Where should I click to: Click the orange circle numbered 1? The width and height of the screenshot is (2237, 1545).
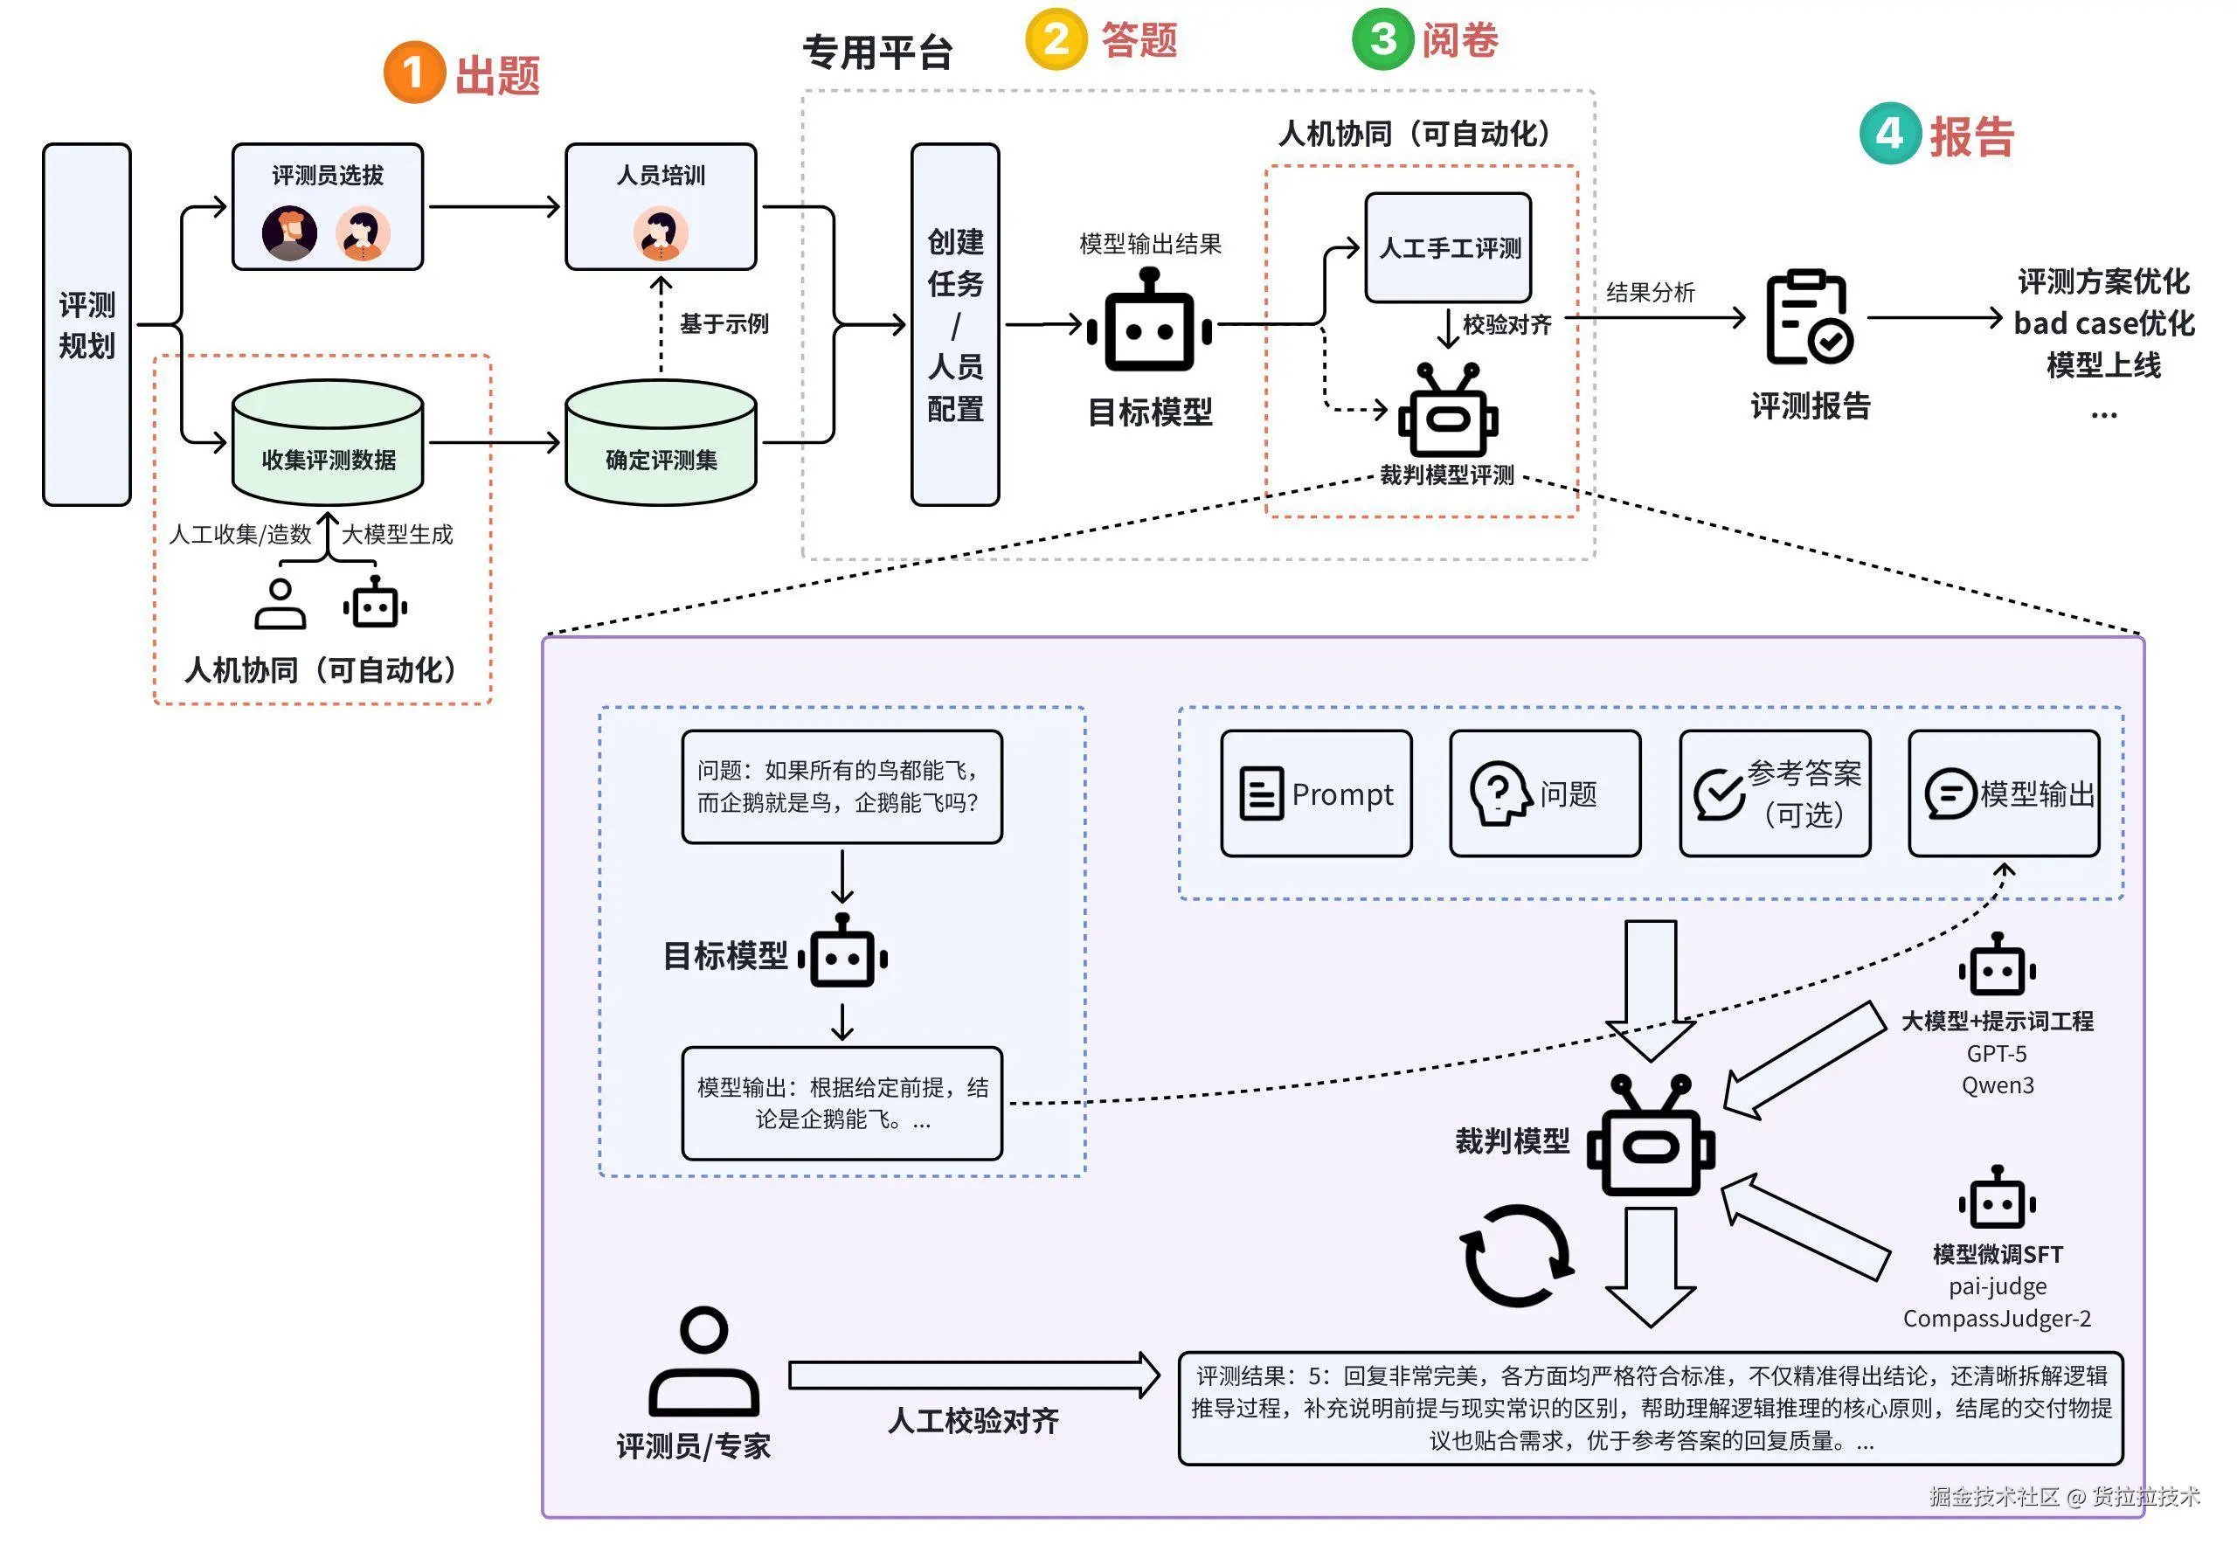(x=413, y=73)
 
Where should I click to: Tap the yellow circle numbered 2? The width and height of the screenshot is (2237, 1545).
(x=1056, y=39)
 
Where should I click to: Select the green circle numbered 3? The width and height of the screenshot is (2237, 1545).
(x=1382, y=39)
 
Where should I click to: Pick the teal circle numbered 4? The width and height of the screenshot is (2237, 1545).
(x=1889, y=134)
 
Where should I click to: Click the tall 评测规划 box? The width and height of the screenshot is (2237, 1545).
(x=87, y=324)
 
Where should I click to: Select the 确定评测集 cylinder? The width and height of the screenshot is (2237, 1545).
(x=661, y=442)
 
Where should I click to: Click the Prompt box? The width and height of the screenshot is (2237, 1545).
(x=1315, y=793)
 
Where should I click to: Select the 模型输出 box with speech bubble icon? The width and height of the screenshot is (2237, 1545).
(x=2004, y=793)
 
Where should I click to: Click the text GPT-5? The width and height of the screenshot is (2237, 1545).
(x=1996, y=1053)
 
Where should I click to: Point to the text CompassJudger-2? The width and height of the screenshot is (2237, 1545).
(x=1996, y=1319)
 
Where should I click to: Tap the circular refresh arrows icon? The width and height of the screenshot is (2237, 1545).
(x=1516, y=1256)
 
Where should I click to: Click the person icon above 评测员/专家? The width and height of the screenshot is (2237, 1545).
(x=703, y=1361)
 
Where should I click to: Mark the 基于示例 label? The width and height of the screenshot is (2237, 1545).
(x=724, y=323)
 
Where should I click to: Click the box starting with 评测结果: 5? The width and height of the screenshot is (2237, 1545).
(x=1650, y=1408)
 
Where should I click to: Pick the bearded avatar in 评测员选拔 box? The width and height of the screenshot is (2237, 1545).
(x=289, y=233)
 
